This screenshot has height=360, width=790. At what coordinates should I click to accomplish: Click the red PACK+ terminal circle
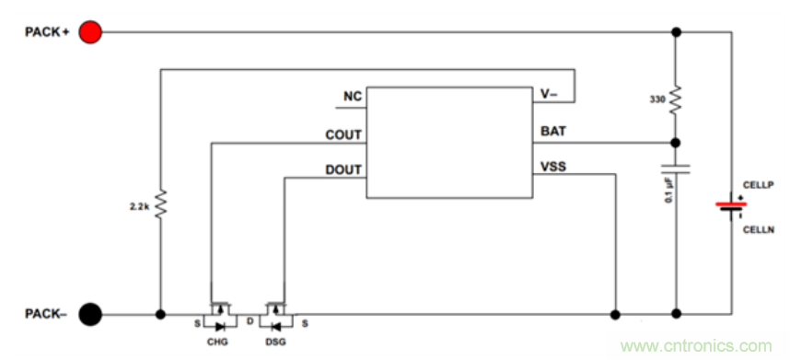(90, 32)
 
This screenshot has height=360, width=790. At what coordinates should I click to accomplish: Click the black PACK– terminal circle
(90, 315)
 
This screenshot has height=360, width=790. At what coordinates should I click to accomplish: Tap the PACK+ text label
(47, 32)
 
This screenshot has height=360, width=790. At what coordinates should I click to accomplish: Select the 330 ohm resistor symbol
(676, 100)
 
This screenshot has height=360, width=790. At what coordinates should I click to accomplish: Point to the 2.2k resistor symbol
(160, 204)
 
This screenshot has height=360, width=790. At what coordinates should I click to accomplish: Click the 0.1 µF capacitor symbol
(676, 169)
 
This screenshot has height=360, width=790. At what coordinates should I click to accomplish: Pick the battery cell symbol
(731, 207)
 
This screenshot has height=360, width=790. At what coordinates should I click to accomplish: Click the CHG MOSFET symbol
(219, 316)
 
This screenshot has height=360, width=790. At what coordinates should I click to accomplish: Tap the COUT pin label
(343, 135)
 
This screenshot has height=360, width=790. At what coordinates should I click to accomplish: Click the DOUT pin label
(343, 169)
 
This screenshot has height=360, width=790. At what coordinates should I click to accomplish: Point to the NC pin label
(353, 96)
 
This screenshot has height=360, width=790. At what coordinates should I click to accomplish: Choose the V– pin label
(550, 94)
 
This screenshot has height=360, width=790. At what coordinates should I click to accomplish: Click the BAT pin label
(553, 132)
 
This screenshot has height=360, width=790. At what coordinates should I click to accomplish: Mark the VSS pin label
(553, 166)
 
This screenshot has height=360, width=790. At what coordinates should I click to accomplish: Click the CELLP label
(758, 184)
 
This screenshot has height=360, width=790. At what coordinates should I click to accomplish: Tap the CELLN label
(758, 230)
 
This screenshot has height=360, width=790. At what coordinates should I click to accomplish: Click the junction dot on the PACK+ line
(676, 32)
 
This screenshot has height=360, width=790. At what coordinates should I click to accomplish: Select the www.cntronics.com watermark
(696, 346)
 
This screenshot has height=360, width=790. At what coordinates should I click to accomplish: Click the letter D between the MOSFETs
(250, 320)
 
